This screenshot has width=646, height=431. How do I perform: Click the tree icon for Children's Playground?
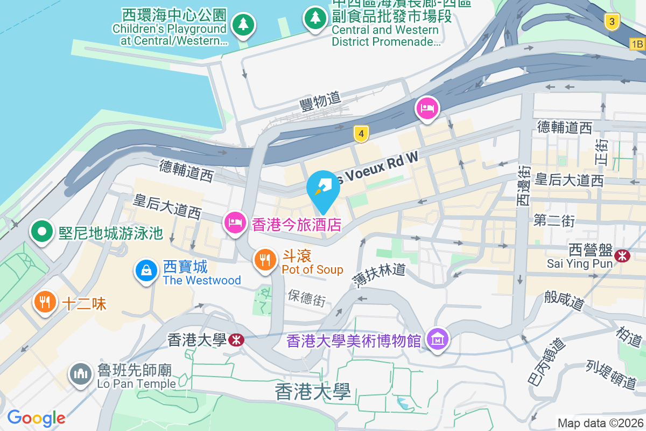coord(243,24)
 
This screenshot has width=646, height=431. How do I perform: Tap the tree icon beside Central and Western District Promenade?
coord(315,18)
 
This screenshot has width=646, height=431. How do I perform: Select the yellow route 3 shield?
coord(612,22)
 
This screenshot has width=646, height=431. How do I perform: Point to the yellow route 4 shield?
coord(361,134)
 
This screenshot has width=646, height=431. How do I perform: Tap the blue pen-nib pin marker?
coord(323,187)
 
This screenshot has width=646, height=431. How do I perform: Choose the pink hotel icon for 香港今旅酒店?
coord(235,222)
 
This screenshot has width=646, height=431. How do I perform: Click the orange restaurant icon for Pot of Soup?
coord(264,260)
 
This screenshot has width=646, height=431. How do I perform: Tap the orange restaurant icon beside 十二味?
coord(45,302)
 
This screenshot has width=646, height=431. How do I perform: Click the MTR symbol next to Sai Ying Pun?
coord(622,255)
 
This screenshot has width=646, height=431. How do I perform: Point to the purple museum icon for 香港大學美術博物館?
coord(437,339)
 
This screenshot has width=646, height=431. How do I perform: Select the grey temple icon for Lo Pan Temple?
coord(81,373)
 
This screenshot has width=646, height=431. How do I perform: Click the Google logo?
coord(36,418)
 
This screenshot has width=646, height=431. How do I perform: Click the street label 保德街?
coord(306,298)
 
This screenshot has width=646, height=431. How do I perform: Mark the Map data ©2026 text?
coord(600,423)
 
